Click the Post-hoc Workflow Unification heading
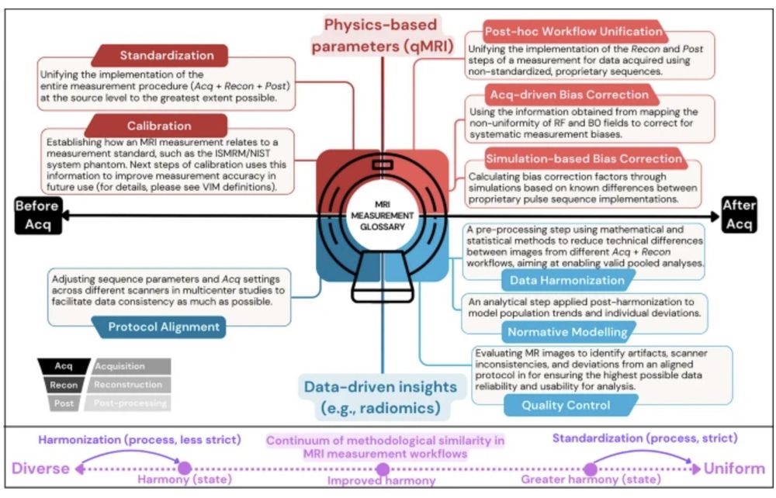pos(573,32)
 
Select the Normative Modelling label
pos(567,333)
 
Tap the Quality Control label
pos(565,404)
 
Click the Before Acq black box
pos(37,214)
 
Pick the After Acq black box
pos(738,214)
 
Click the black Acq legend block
pos(64,365)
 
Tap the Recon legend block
pos(64,385)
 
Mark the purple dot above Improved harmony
pos(383,469)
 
